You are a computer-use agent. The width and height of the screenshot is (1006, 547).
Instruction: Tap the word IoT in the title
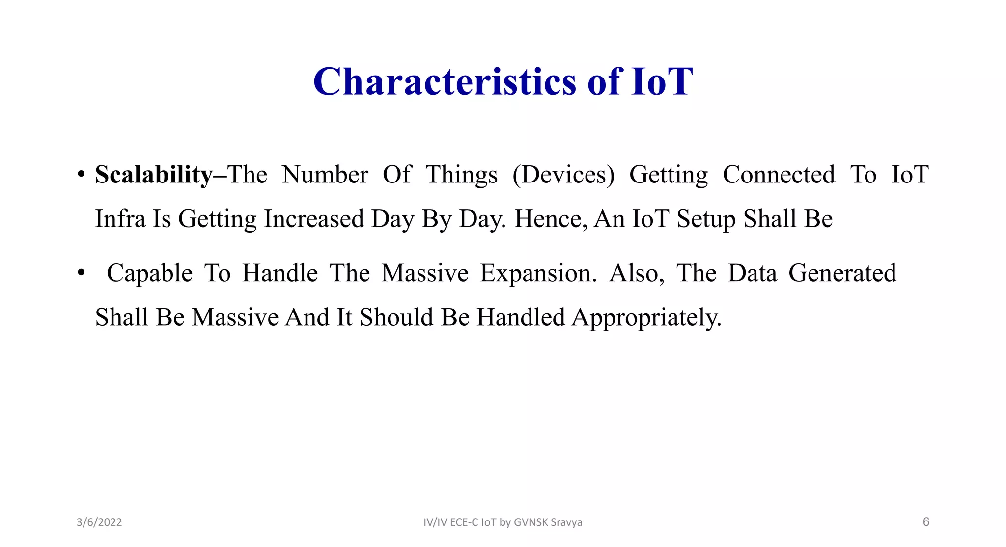tap(662, 81)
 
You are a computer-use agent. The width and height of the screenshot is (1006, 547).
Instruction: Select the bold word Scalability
tap(154, 175)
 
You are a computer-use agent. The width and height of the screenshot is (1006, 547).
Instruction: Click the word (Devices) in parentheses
tap(563, 175)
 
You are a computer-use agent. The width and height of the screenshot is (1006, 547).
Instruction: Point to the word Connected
tap(779, 175)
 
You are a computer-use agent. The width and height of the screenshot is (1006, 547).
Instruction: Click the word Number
tap(325, 175)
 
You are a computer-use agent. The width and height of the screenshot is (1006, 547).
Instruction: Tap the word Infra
tap(120, 219)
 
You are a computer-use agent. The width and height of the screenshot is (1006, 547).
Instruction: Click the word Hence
tap(550, 219)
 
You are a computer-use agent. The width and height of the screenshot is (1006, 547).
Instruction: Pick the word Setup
tap(706, 220)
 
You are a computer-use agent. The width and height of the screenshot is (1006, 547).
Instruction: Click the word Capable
tap(149, 273)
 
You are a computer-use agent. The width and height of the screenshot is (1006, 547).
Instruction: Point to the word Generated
tap(842, 273)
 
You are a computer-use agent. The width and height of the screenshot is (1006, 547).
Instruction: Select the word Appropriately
tap(646, 318)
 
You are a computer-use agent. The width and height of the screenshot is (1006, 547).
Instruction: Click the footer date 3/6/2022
tap(99, 522)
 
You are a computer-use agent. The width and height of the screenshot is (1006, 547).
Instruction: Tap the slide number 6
tap(926, 521)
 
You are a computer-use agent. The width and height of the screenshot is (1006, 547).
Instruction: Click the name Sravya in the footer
tap(566, 522)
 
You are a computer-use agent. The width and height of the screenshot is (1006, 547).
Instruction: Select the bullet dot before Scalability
tap(81, 175)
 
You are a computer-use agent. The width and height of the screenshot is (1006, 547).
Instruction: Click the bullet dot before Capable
tap(81, 273)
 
